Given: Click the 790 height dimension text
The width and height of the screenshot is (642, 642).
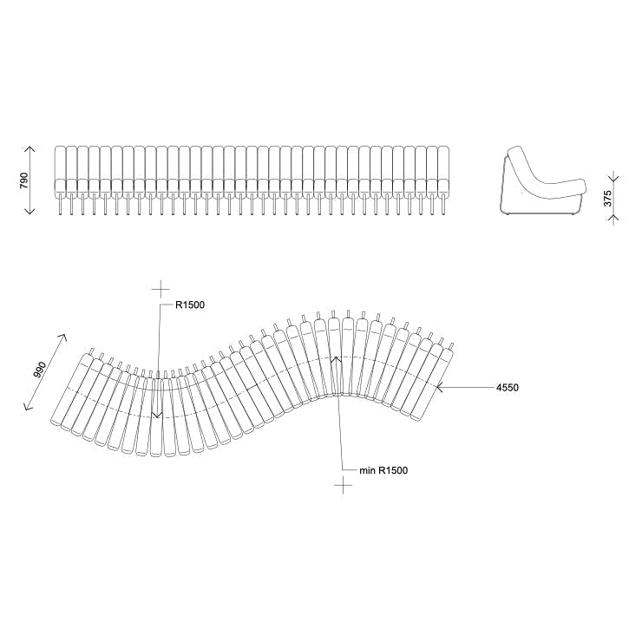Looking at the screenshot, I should [24, 180].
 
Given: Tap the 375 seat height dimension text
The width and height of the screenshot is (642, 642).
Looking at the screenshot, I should [608, 196].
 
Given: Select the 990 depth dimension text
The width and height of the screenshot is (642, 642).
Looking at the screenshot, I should [40, 370].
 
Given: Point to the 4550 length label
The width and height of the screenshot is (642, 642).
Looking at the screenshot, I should [507, 388].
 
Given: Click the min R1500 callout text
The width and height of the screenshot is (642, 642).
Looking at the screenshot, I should [383, 470].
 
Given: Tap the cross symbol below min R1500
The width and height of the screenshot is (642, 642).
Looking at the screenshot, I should [344, 486].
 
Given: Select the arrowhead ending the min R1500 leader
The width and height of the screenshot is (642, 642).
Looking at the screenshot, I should [335, 357].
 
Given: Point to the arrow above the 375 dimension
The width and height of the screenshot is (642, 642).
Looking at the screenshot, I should [613, 172].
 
